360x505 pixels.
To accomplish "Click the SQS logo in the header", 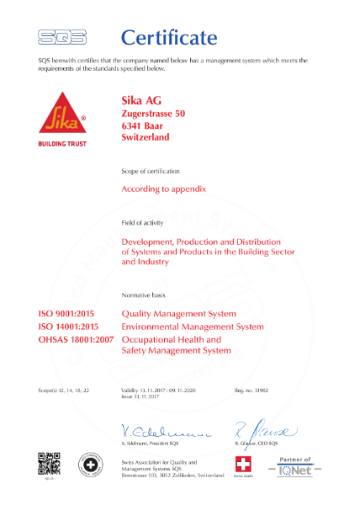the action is coord(62,36).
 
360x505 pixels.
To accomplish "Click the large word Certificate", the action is coord(169,37).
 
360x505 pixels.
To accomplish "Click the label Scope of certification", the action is coord(150,172).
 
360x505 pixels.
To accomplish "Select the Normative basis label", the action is coord(144,297).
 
